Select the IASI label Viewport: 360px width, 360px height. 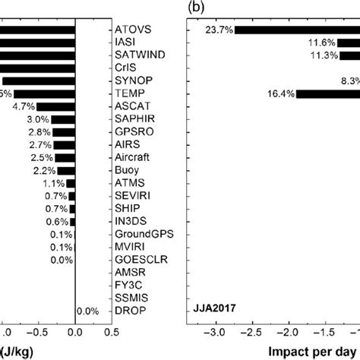pos(125,43)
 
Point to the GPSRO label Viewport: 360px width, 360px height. pos(131,131)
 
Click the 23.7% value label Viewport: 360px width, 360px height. pos(218,30)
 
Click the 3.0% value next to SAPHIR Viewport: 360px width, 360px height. pos(38,119)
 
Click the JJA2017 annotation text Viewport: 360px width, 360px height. pos(213,311)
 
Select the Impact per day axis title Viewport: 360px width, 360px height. pos(313,352)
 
